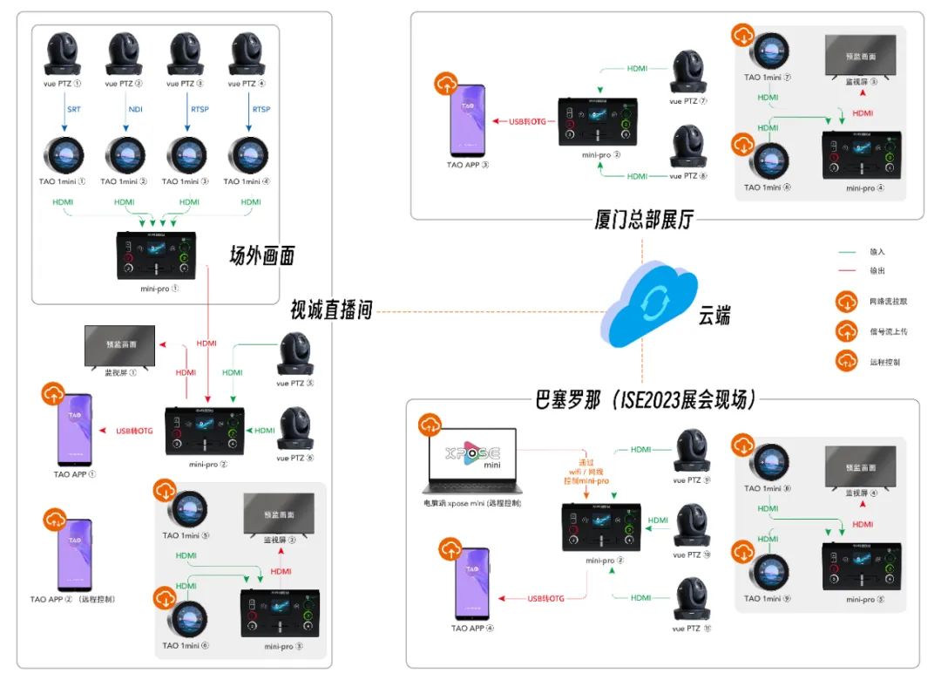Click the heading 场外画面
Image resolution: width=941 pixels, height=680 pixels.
(261, 255)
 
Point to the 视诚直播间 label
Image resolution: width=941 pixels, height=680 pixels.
(331, 309)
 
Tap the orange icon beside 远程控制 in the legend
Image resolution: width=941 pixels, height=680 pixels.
(846, 360)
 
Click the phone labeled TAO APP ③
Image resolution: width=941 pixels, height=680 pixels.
(469, 121)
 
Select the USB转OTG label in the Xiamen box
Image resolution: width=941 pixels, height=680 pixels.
(528, 121)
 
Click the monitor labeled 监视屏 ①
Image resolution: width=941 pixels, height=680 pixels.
(119, 346)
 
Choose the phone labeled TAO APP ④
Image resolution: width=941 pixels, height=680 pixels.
(471, 584)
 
